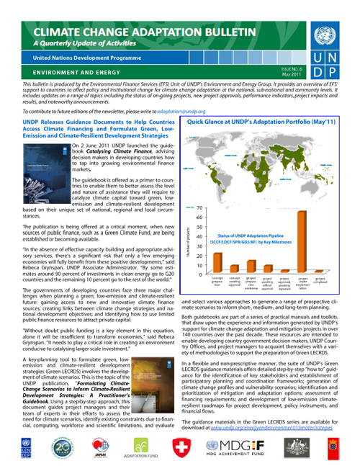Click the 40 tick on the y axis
click(x=199, y=237)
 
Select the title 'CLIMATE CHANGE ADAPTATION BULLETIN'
click(x=141, y=32)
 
